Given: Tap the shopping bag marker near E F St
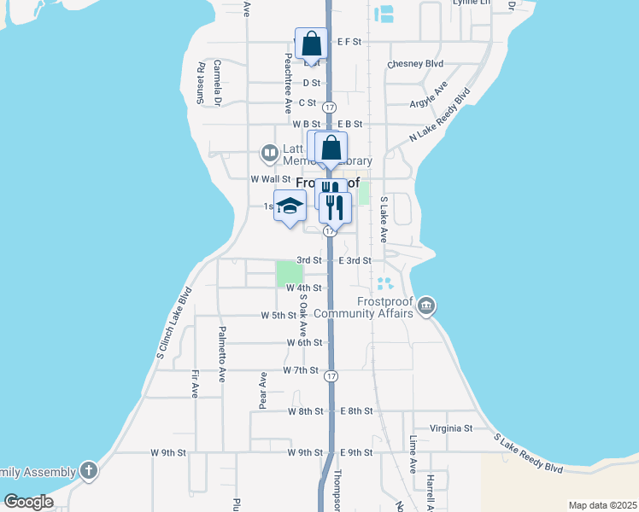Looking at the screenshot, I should (311, 44).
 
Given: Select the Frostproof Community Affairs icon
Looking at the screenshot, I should (427, 305).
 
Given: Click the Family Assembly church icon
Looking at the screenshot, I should (89, 470).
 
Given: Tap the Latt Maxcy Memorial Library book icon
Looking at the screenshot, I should (270, 154).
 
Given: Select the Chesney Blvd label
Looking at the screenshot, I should (415, 63).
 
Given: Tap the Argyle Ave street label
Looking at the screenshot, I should (429, 98).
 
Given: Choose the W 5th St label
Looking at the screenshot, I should (278, 316).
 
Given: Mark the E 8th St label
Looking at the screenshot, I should (356, 410).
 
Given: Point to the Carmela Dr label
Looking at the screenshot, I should (217, 83).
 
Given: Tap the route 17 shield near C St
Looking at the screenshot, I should (329, 107).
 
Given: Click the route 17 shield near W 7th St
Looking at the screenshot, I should (331, 375).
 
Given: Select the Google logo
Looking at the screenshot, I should (29, 502).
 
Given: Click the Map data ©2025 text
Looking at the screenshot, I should (602, 505).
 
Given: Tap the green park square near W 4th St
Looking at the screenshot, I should (289, 273).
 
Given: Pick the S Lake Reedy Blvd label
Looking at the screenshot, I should (529, 453).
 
